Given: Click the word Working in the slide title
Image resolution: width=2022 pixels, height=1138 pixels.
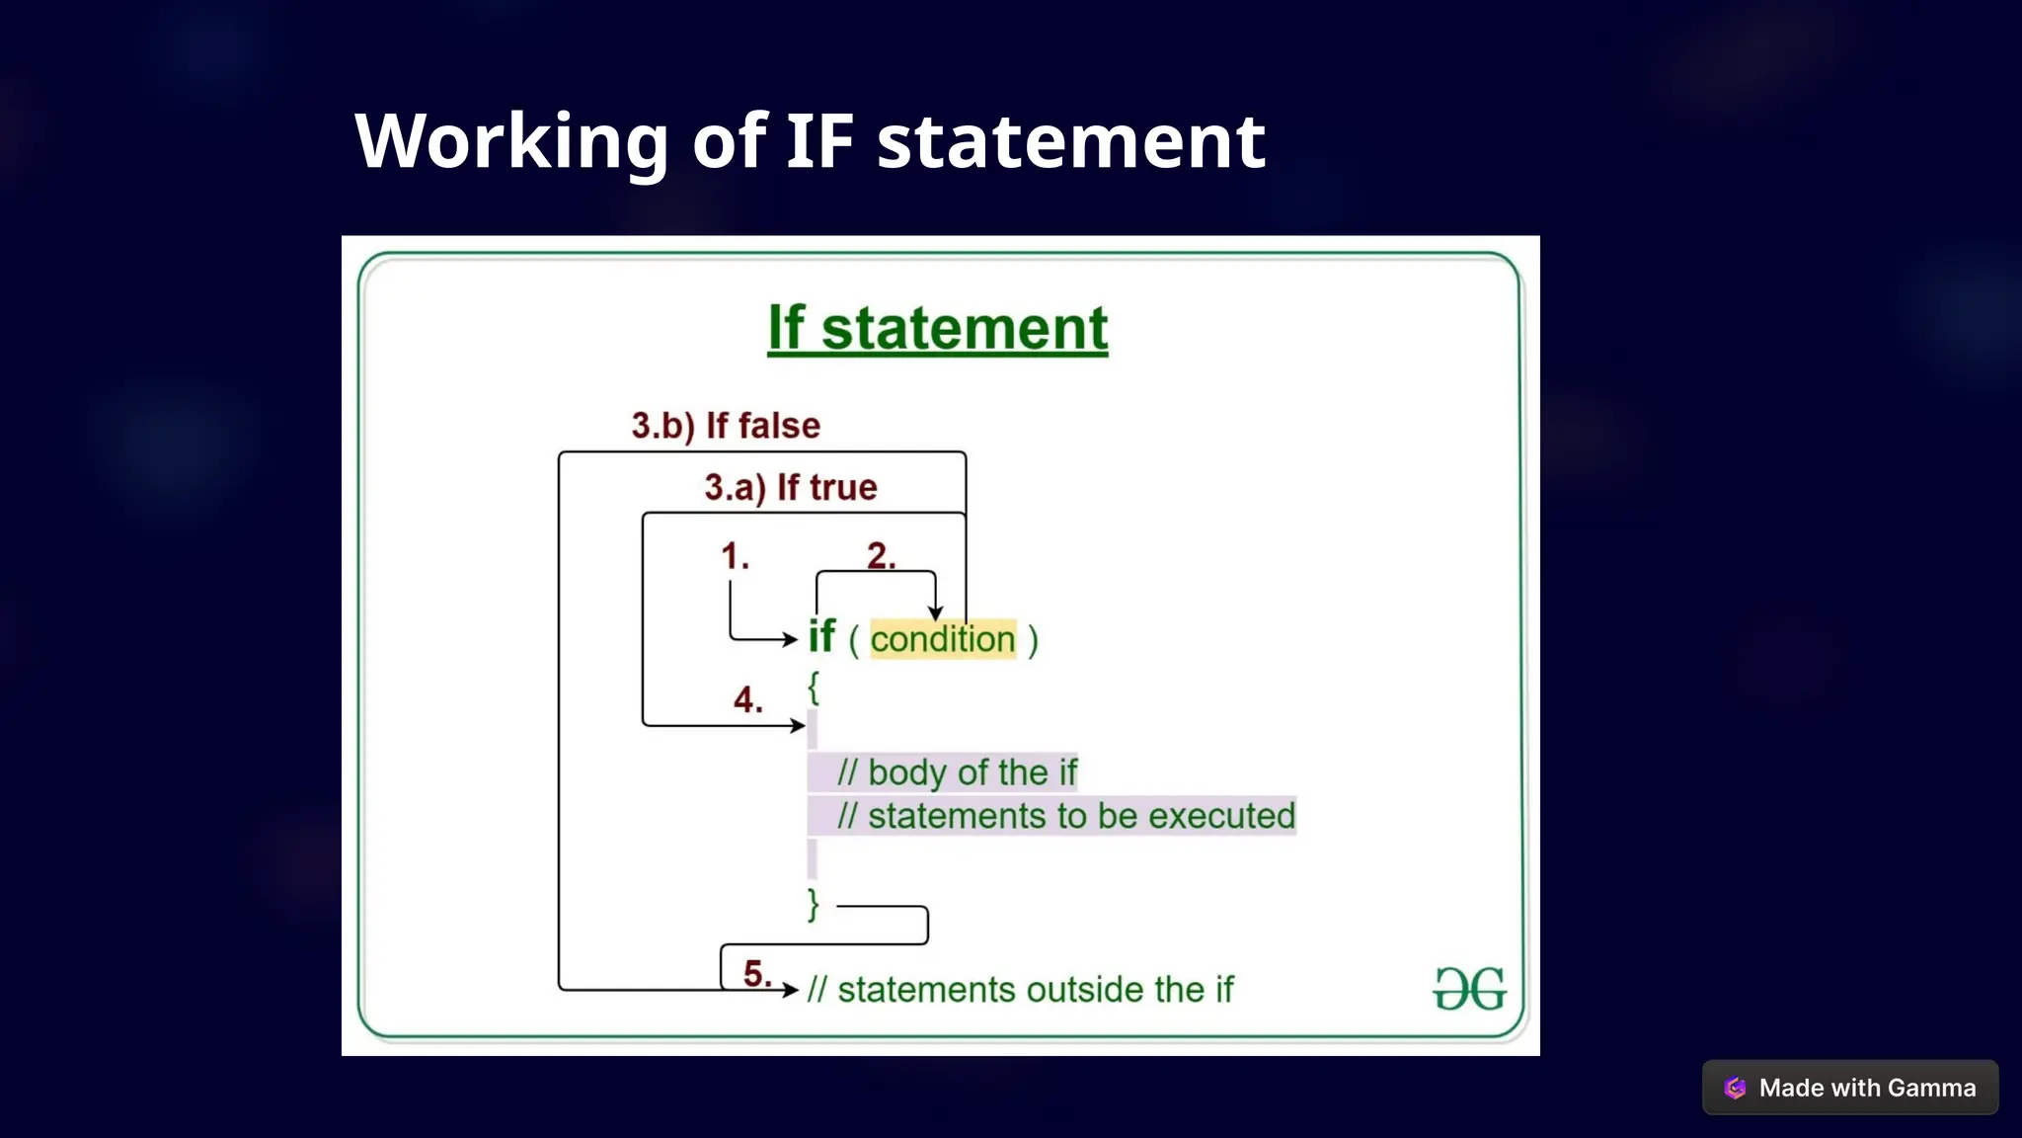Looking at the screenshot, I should point(511,141).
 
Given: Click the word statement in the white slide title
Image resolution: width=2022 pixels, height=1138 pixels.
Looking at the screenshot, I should point(1070,141).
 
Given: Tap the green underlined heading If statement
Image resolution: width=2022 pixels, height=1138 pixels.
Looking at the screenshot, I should point(937,328).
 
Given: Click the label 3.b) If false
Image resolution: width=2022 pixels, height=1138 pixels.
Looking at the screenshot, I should point(726,426).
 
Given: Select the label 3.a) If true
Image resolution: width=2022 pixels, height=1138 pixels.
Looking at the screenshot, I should point(790,487).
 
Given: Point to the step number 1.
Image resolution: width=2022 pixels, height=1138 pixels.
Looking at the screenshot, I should point(735,556).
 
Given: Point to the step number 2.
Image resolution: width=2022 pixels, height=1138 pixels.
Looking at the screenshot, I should point(881,556).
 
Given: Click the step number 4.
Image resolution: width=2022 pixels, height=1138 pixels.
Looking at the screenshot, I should point(747,700).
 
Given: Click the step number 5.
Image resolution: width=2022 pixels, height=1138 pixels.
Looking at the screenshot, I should point(757,974).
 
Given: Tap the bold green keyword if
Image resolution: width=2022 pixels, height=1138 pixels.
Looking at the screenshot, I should point(821,637).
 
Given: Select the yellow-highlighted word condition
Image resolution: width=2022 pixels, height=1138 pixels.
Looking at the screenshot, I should point(942,639).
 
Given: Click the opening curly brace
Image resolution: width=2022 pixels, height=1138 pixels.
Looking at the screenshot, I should point(814,687).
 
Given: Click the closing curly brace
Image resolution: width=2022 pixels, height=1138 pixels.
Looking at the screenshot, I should point(814,904).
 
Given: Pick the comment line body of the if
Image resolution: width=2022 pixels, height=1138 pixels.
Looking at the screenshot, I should point(956,772).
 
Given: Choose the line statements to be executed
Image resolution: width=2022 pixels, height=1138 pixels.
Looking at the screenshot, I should point(1065,816).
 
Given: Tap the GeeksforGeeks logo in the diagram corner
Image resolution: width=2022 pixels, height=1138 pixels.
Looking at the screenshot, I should point(1469,988).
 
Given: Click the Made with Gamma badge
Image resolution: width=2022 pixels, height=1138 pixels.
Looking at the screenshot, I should point(1850,1088).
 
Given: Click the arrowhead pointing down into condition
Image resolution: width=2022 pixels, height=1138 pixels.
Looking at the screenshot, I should point(935,613).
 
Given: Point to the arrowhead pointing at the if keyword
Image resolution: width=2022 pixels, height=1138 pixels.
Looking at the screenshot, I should point(790,640).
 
